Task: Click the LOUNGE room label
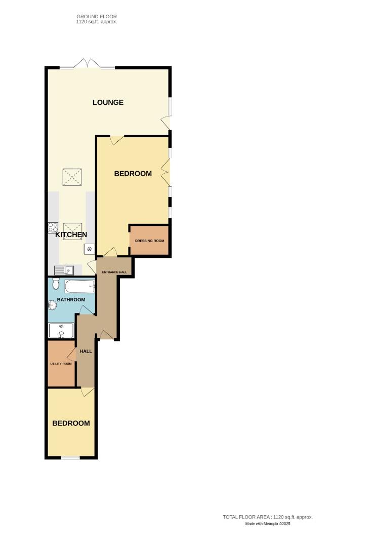click(x=108, y=102)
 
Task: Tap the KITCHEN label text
click(x=71, y=235)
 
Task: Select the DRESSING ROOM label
click(x=149, y=241)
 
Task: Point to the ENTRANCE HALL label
click(x=114, y=272)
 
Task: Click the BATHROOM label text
click(x=71, y=300)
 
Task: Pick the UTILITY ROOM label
click(x=61, y=364)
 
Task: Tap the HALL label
click(x=86, y=351)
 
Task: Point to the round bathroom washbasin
click(x=52, y=305)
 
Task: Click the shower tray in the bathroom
click(x=61, y=331)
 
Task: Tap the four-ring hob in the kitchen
click(x=53, y=228)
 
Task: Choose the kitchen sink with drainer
click(x=64, y=270)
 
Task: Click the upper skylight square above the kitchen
click(x=71, y=177)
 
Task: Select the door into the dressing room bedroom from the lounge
click(x=117, y=140)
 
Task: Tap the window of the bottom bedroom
click(x=71, y=458)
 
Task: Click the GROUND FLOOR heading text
click(x=96, y=17)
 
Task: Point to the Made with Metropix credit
click(x=268, y=524)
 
